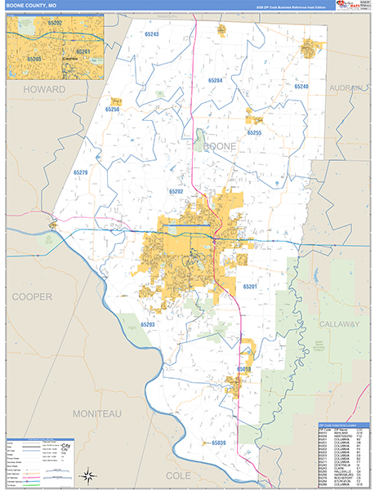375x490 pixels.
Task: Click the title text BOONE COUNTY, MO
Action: (x=31, y=5)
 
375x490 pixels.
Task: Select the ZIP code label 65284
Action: (x=215, y=81)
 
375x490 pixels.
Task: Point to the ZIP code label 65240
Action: (x=301, y=86)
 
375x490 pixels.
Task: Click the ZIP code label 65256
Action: (x=113, y=109)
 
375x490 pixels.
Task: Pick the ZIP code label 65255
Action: (x=254, y=132)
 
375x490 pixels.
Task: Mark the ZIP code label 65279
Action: (x=80, y=172)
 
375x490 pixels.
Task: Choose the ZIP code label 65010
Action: (x=244, y=369)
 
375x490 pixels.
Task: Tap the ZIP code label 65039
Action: (x=218, y=443)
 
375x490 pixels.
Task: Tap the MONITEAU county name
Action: (x=96, y=415)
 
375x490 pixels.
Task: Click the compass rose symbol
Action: (x=86, y=474)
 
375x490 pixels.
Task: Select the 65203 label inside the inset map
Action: (x=34, y=60)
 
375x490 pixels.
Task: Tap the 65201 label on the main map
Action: (x=250, y=287)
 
